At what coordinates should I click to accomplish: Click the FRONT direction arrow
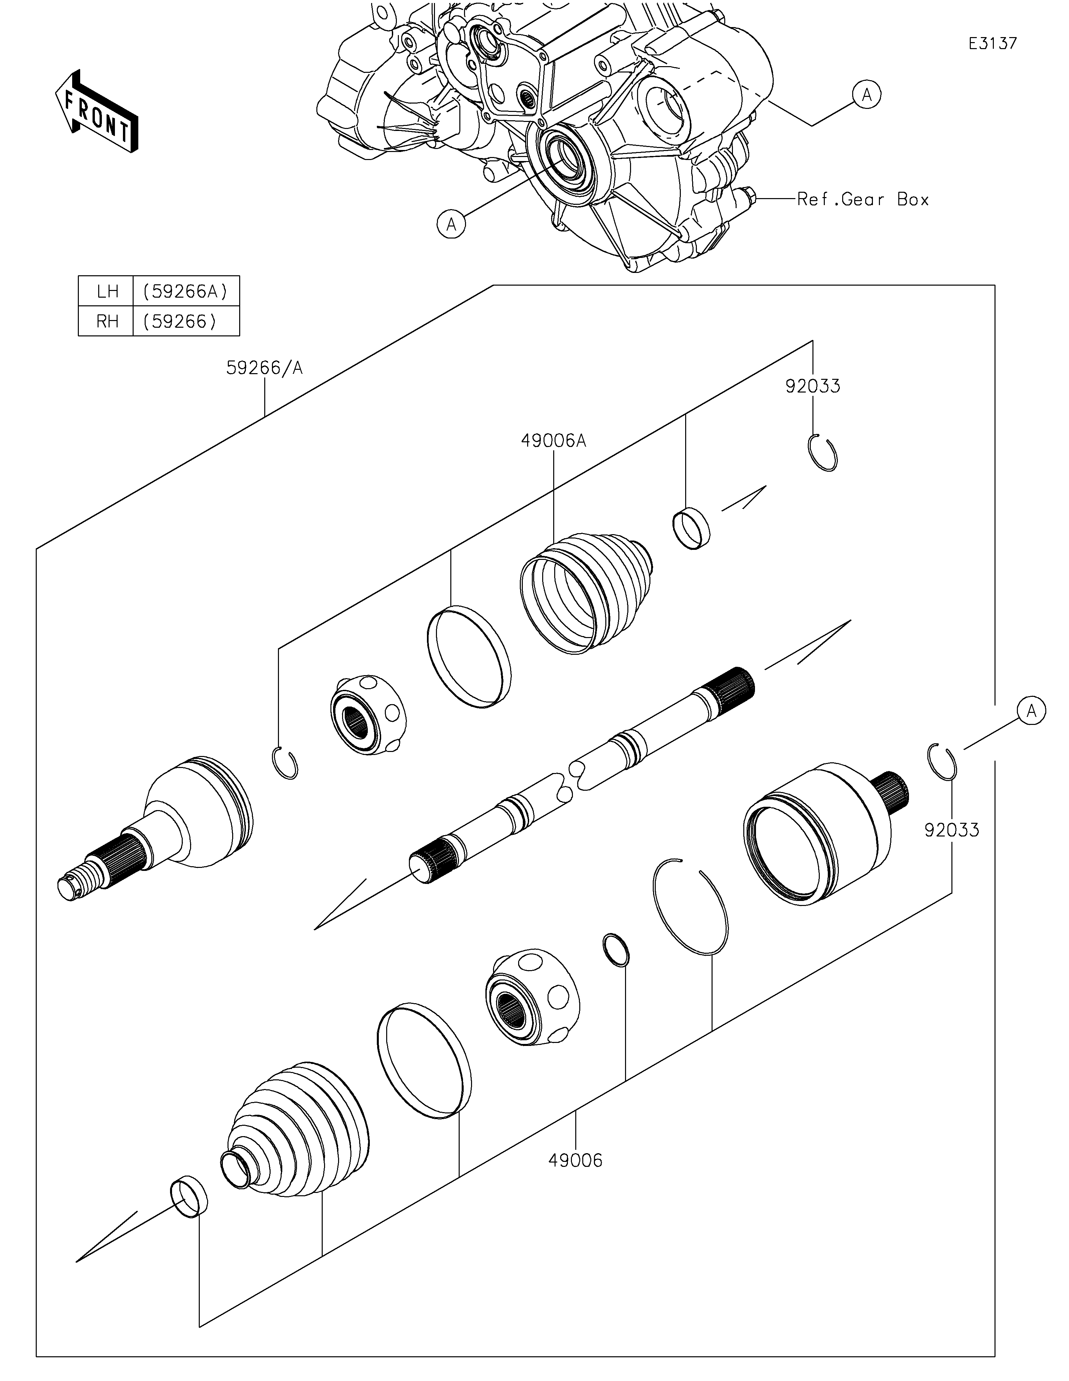[x=97, y=111]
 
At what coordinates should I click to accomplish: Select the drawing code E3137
[x=993, y=43]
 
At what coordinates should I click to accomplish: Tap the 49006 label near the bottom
[x=575, y=1160]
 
